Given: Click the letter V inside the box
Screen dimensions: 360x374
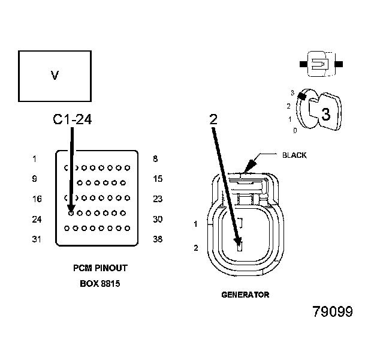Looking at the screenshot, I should [55, 76].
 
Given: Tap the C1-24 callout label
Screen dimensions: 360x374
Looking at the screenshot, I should [72, 120].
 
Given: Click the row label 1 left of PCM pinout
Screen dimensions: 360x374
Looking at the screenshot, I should [35, 159].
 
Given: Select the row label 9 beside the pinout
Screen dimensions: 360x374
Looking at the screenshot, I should [35, 179].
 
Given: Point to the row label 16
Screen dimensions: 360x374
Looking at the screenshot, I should [36, 199].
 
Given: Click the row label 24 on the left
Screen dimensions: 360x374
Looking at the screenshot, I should [36, 219].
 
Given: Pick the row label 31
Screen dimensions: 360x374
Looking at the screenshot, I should [36, 239].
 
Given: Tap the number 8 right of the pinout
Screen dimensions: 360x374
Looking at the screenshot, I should [156, 159].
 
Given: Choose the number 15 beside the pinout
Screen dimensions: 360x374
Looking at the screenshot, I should [158, 179].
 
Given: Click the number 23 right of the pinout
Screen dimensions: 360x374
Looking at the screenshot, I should [158, 199].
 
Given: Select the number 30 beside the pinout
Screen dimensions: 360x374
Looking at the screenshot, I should [158, 219].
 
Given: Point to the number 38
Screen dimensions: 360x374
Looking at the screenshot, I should [158, 239].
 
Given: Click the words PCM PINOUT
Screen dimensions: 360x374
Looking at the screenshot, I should [100, 268].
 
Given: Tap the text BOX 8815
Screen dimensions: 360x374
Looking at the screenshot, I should [100, 283].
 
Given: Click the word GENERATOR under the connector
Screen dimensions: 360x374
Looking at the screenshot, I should [245, 295].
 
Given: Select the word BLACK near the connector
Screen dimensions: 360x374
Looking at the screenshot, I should [294, 155].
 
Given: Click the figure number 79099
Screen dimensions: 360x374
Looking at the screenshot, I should [333, 312].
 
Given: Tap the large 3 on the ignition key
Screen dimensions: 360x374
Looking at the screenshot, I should [326, 114].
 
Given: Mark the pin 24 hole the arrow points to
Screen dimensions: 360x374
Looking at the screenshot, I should [71, 212].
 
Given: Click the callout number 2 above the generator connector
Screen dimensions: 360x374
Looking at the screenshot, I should [213, 119].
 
